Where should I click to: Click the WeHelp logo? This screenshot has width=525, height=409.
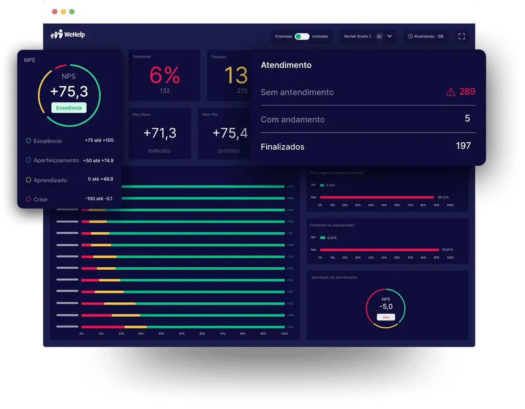coord(68,35)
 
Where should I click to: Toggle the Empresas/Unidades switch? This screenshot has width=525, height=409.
coord(302,36)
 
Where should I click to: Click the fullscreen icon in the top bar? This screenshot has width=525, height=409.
coord(461,36)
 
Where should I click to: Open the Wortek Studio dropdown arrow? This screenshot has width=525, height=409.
coord(389,36)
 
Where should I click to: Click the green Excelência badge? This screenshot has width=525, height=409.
coord(69,108)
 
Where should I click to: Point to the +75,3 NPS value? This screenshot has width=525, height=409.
coord(69,91)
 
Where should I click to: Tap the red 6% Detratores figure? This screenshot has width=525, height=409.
coord(164,75)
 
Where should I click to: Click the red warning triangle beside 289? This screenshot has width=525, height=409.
coord(451,92)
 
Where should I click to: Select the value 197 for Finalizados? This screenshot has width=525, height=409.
coord(463,146)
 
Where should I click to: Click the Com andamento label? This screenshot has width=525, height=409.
coord(293,119)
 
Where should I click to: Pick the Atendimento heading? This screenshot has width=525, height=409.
coord(286,65)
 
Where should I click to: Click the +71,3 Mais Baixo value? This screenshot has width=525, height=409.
coord(160,133)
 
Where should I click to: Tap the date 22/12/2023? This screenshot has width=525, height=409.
coord(228,151)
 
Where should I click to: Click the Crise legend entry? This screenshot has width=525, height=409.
coord(40,199)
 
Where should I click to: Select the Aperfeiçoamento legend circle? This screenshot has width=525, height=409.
coord(28,160)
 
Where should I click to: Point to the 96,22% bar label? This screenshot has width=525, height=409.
coord(443,197)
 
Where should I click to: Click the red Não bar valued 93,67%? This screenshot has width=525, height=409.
coord(379,250)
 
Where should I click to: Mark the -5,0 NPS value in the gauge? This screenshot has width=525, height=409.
coord(385,307)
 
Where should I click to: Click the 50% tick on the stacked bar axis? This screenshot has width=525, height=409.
coord(182,334)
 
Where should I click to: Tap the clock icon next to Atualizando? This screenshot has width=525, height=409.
coord(410,36)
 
